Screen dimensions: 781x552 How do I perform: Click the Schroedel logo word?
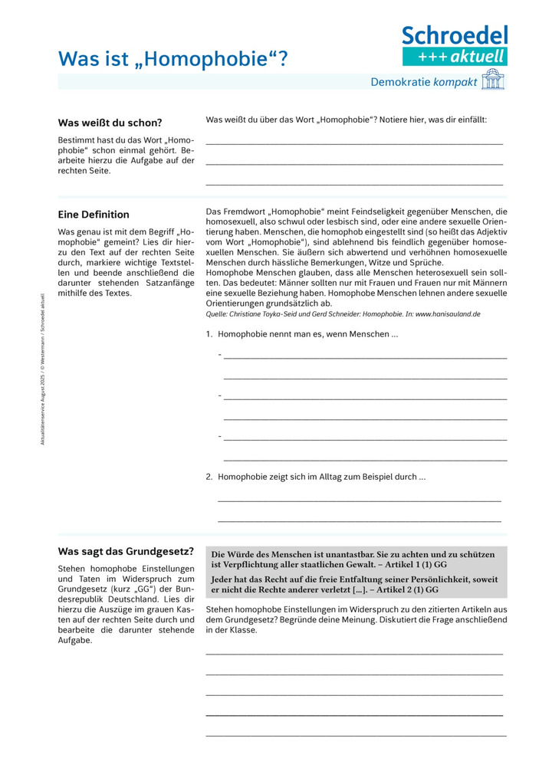(455, 35)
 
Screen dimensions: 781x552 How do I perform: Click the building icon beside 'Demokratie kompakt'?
(493, 80)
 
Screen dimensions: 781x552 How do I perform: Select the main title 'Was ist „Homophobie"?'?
(174, 58)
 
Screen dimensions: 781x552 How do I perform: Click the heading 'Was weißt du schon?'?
(110, 123)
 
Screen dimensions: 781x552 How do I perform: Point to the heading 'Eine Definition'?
(94, 215)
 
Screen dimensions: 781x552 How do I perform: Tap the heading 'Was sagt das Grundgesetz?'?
(126, 551)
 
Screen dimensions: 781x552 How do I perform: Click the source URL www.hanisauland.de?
(449, 314)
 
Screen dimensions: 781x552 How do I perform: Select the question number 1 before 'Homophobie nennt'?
(209, 335)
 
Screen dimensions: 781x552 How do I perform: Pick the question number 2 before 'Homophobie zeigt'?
(209, 477)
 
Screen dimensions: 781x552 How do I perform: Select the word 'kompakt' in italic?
(455, 81)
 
